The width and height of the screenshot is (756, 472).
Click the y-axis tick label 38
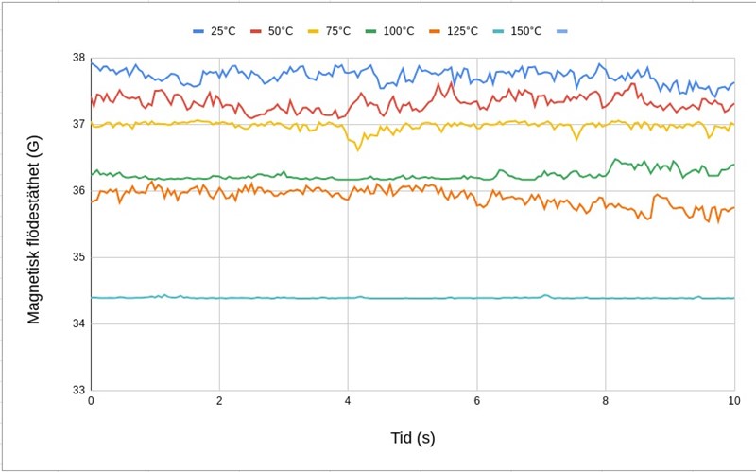pyautogui.click(x=79, y=58)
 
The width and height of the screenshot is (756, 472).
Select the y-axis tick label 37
pyautogui.click(x=79, y=124)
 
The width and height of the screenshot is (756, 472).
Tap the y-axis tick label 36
pyautogui.click(x=79, y=191)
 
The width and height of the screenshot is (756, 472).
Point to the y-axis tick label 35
pyautogui.click(x=79, y=257)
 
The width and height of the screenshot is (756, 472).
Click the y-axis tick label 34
pyautogui.click(x=79, y=324)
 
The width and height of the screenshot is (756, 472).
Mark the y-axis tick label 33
pyautogui.click(x=79, y=391)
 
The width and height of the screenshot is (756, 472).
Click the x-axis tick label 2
pyautogui.click(x=219, y=401)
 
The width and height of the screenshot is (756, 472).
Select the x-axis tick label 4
pyautogui.click(x=348, y=401)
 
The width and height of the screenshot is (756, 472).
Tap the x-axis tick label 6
pyautogui.click(x=477, y=401)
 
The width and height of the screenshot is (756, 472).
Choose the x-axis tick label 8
pyautogui.click(x=606, y=401)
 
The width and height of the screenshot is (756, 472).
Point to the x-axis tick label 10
pyautogui.click(x=733, y=401)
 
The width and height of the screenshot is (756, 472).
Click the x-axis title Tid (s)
pyautogui.click(x=413, y=438)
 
